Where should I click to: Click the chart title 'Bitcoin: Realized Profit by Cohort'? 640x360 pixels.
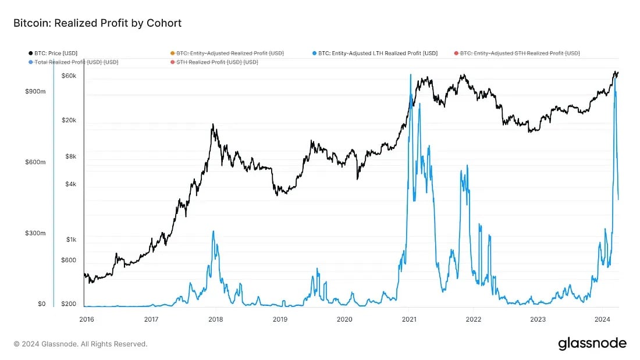[98, 23]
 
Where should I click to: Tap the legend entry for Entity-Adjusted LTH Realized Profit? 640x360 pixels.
[378, 53]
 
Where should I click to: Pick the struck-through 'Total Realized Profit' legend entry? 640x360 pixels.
[76, 62]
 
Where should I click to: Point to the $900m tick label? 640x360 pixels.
[34, 91]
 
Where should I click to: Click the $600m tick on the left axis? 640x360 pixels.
[34, 162]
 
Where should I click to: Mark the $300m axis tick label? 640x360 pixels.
[34, 233]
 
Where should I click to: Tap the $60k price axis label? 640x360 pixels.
[69, 76]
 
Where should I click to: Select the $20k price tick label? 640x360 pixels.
[69, 120]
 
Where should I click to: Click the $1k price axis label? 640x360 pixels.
[70, 240]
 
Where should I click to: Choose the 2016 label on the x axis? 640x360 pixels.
[86, 319]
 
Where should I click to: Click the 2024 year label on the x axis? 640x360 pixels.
[602, 319]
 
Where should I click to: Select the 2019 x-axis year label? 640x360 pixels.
[280, 319]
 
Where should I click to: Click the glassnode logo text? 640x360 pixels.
[592, 343]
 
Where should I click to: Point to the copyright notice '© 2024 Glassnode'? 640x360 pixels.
[80, 344]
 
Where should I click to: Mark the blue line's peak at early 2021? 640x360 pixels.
[410, 75]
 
